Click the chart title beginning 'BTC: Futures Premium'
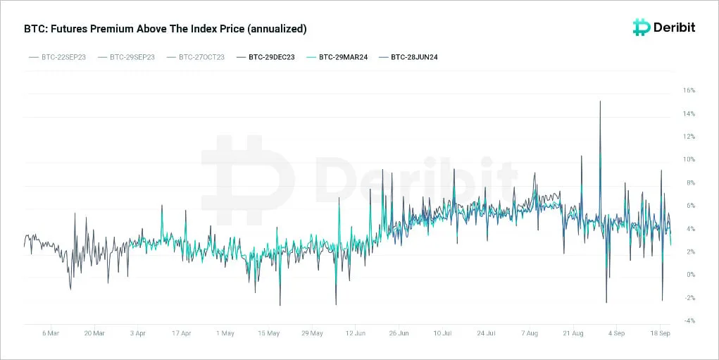point(165,29)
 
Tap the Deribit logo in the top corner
point(663,27)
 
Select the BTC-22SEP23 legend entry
point(57,57)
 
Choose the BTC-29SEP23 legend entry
point(126,57)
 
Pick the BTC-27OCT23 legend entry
point(195,57)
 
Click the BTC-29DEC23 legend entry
point(265,57)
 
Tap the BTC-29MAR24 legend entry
point(337,57)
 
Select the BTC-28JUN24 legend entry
point(408,57)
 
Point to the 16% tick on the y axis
point(689,90)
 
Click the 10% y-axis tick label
point(689,160)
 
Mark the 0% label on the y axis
point(690,275)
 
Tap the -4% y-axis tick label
point(689,321)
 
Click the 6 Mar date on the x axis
point(51,333)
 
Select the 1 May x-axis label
point(225,333)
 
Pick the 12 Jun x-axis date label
point(356,333)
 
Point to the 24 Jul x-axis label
point(486,333)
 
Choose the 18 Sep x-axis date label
point(661,333)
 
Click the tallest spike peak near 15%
point(600,101)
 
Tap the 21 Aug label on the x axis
point(573,333)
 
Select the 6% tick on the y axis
point(690,206)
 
